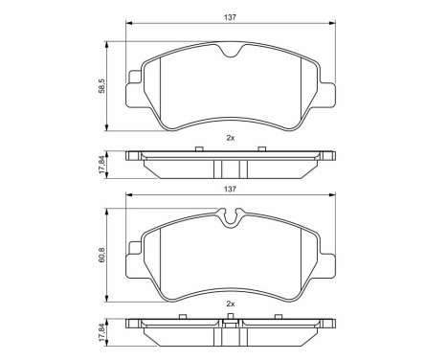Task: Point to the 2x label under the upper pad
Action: (x=230, y=137)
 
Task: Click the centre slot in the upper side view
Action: (x=230, y=168)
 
